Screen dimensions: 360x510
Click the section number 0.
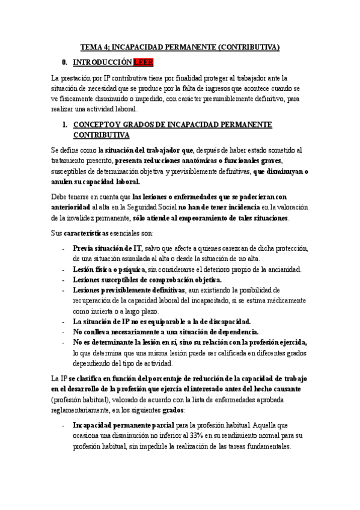(64, 62)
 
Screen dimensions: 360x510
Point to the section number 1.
(64, 124)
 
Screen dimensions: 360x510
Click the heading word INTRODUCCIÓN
(102, 62)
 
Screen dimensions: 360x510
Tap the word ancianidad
(267, 270)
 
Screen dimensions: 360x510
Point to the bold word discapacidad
(225, 322)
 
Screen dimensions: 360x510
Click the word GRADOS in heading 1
(155, 124)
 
